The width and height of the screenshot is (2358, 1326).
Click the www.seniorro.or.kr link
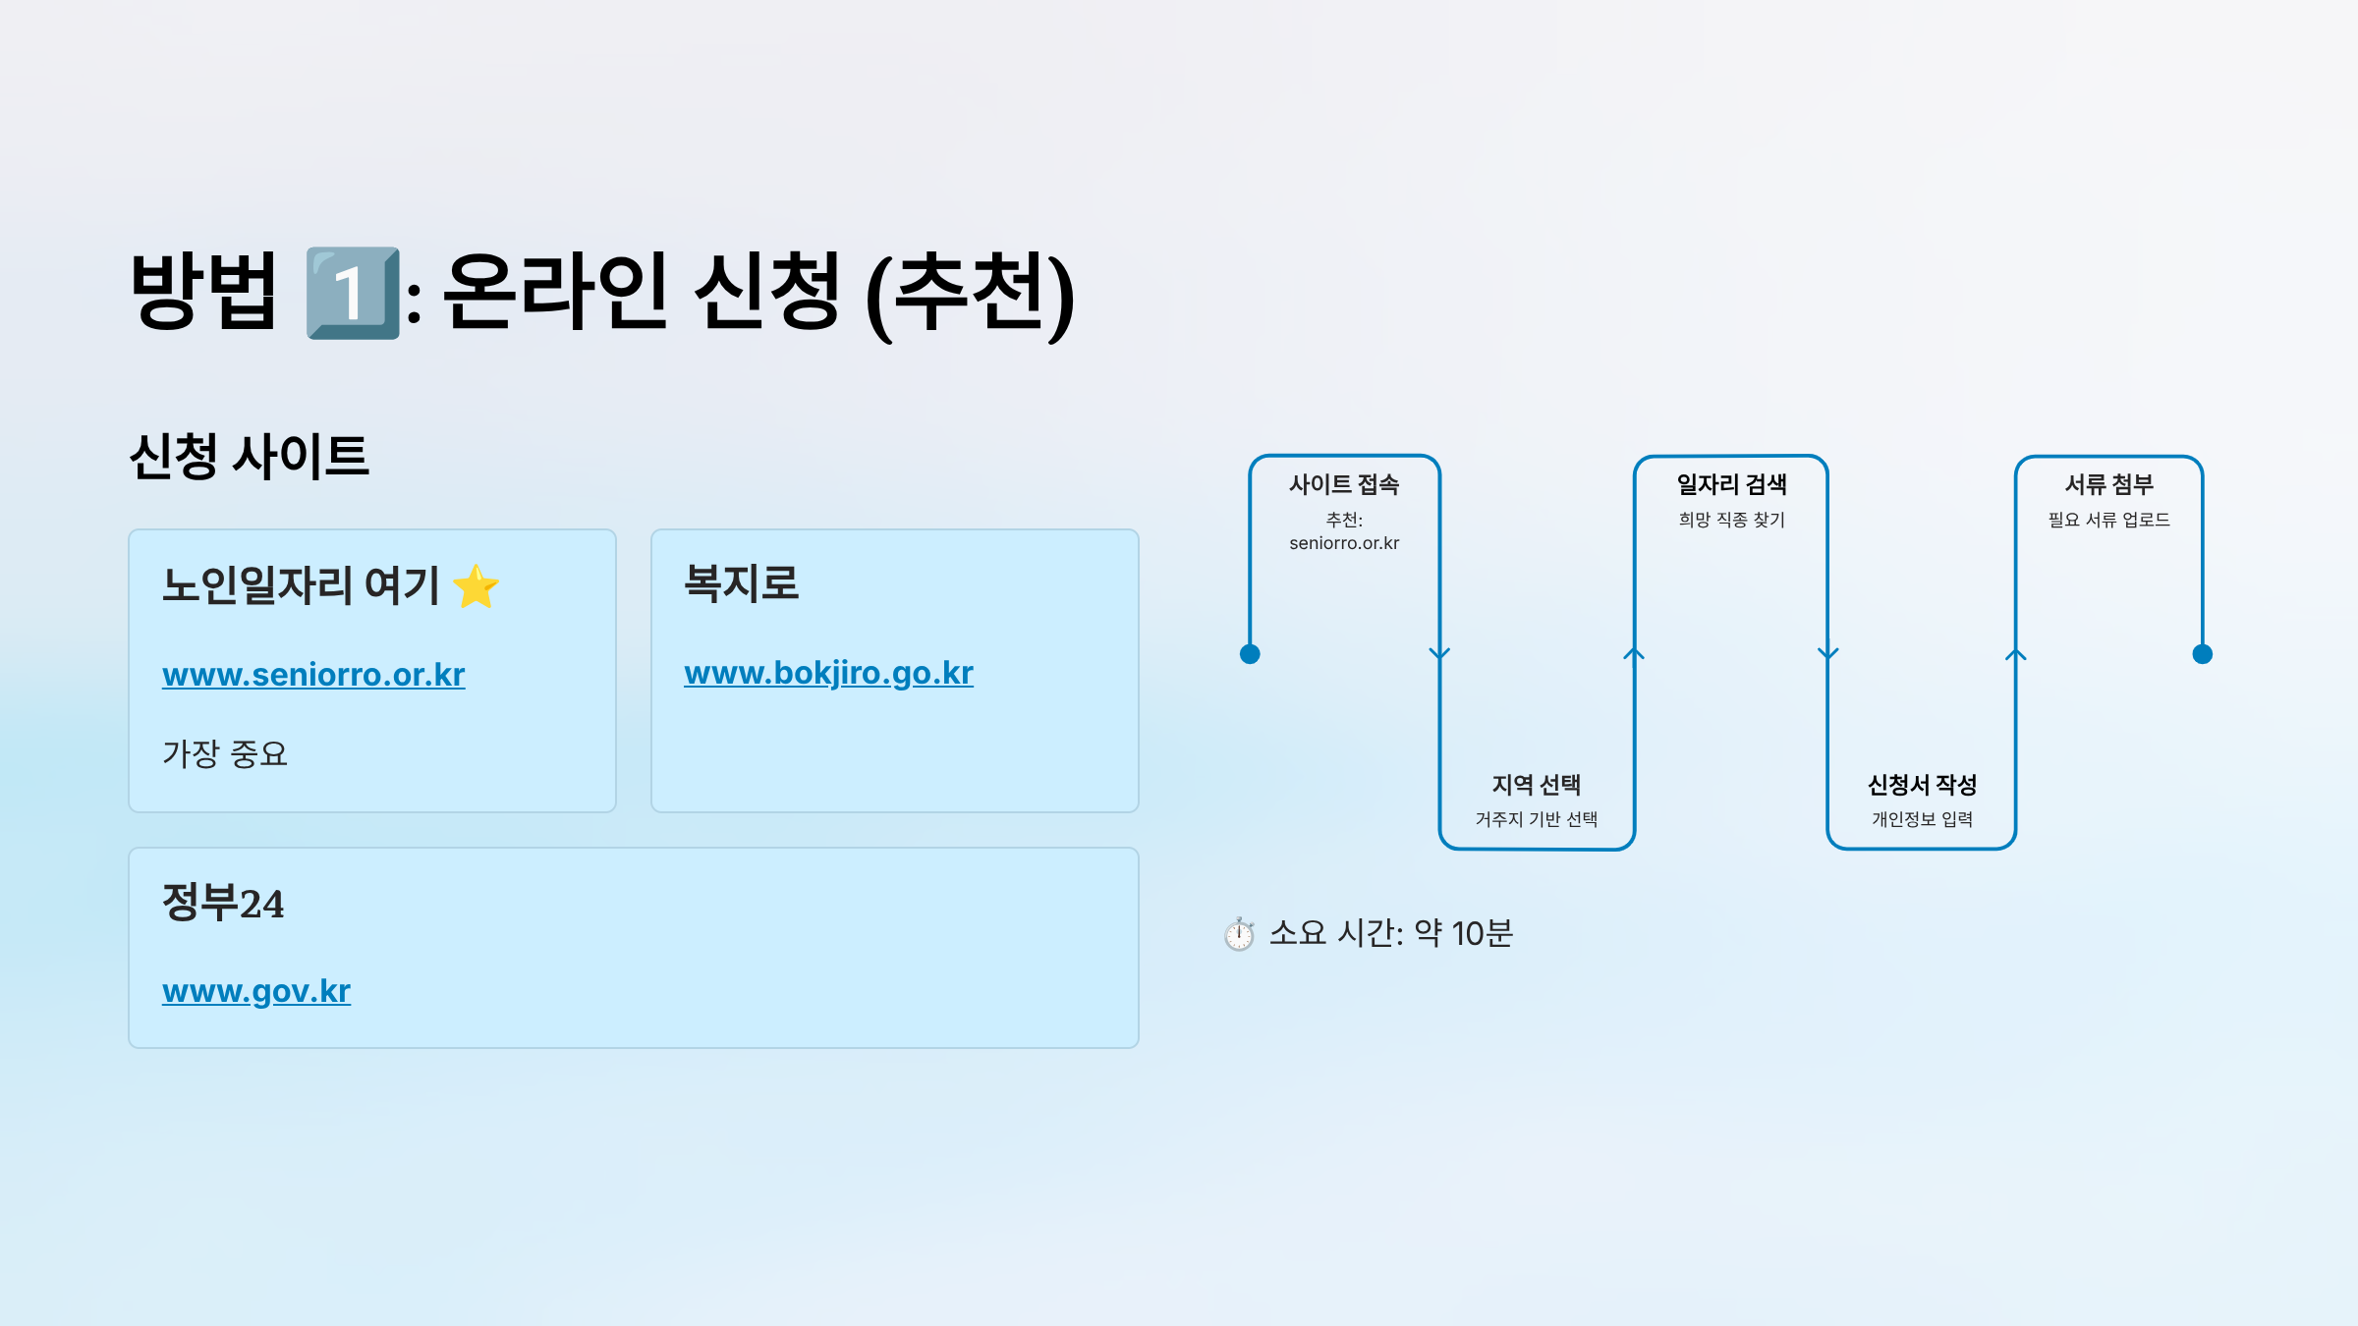coord(313,675)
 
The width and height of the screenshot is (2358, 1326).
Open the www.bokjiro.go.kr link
coord(828,673)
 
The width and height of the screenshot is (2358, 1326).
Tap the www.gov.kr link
coord(256,991)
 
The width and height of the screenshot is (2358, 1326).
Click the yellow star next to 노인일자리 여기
coord(477,586)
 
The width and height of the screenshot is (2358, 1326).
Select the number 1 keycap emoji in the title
coord(353,294)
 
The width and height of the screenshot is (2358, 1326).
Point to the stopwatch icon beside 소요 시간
coord(1239,934)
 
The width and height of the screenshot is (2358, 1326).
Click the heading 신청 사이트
coord(249,457)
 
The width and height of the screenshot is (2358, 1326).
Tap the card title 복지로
coord(742,583)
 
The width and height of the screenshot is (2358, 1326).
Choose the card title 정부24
coord(223,903)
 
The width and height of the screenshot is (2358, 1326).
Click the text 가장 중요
coord(225,754)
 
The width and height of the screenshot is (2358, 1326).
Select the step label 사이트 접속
coord(1344,484)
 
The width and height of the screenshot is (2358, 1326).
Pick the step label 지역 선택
coord(1536,785)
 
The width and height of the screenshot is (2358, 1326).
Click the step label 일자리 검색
coord(1731,484)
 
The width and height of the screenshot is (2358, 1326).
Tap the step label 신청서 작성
coord(1922,785)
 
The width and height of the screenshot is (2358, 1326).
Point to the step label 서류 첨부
coord(2108,484)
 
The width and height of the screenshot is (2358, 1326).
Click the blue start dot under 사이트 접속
coord(1250,654)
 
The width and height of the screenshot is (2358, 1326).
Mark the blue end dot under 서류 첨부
coord(2203,654)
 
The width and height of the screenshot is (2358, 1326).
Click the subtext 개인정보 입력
coord(1922,819)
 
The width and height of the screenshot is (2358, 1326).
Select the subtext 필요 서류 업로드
coord(2108,520)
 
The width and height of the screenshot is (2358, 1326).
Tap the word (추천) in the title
coord(970,294)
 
